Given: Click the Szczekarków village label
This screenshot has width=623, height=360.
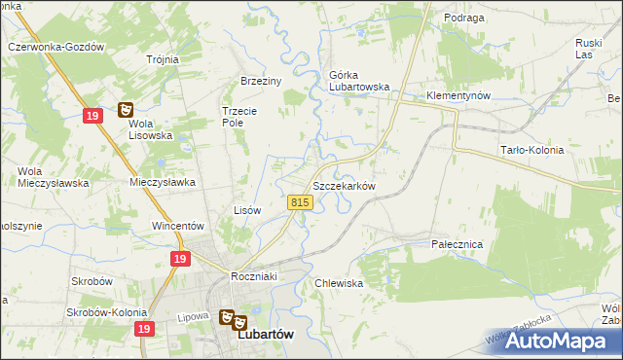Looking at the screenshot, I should pos(343,185).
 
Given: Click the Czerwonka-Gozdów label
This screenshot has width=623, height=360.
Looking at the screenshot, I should pos(55,46).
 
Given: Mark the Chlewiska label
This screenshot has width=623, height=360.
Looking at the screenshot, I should pos(339,283).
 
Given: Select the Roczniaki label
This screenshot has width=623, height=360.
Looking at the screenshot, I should pos(255,276).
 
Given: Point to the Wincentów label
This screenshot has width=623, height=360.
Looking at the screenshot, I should pos(176,226).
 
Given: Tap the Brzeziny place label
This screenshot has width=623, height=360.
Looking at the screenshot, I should pos(260,82).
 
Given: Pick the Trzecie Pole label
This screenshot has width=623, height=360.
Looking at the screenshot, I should pos(238,117).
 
